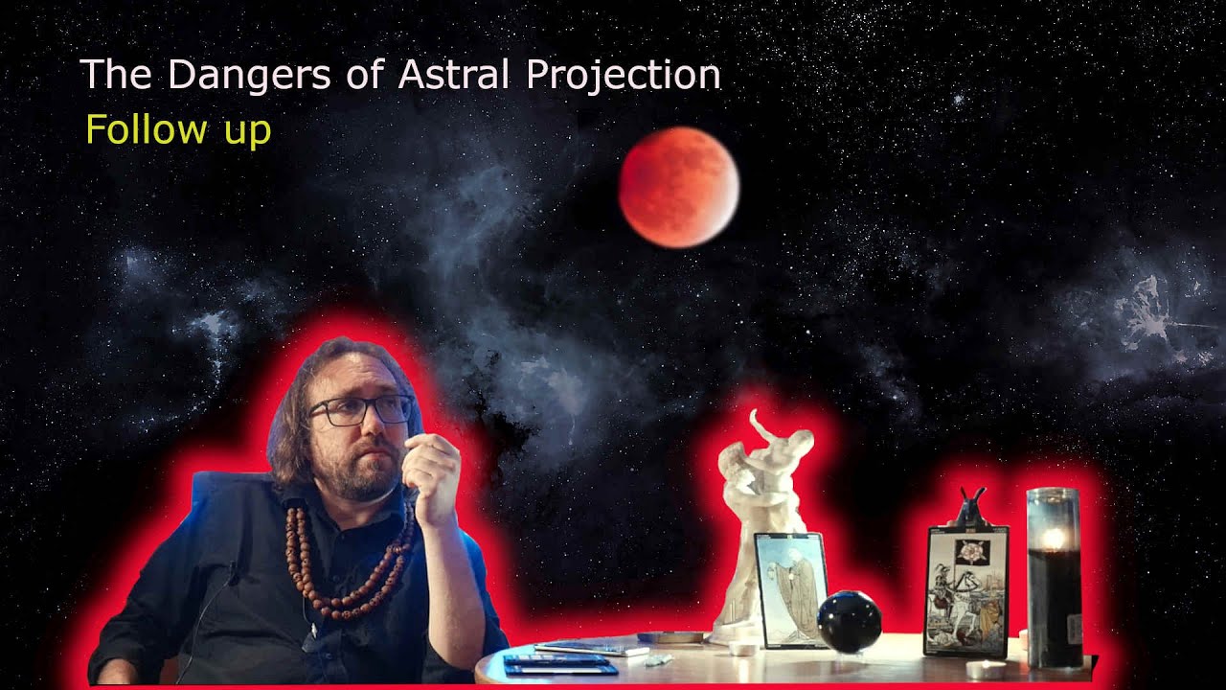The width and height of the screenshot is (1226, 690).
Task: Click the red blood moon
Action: (x=678, y=188)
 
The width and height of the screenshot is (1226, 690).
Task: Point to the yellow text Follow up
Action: (x=178, y=129)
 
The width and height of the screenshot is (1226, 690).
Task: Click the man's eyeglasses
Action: (x=360, y=410)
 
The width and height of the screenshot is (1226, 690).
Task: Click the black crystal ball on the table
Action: (x=849, y=622)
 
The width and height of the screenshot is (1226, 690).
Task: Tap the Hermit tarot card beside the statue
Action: (x=791, y=589)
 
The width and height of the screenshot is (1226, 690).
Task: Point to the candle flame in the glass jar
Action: (x=1054, y=538)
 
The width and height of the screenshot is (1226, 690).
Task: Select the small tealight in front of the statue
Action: (x=740, y=649)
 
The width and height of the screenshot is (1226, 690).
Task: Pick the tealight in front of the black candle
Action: (x=986, y=668)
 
